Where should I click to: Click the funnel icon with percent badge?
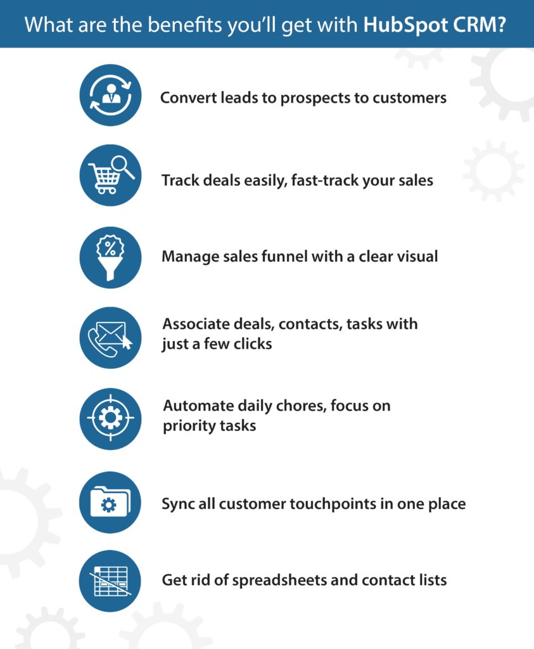(x=110, y=257)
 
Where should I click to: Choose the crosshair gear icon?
(x=110, y=418)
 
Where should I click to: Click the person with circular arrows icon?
(x=110, y=95)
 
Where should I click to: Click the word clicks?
(x=251, y=344)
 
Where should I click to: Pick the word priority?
(x=188, y=426)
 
